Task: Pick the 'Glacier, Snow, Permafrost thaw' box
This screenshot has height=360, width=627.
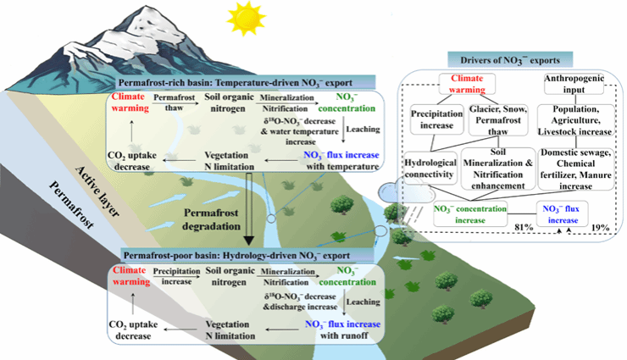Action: (x=500, y=121)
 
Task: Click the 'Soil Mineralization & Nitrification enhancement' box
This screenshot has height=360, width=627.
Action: (x=500, y=166)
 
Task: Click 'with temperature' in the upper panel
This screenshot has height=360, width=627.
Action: (x=341, y=167)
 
